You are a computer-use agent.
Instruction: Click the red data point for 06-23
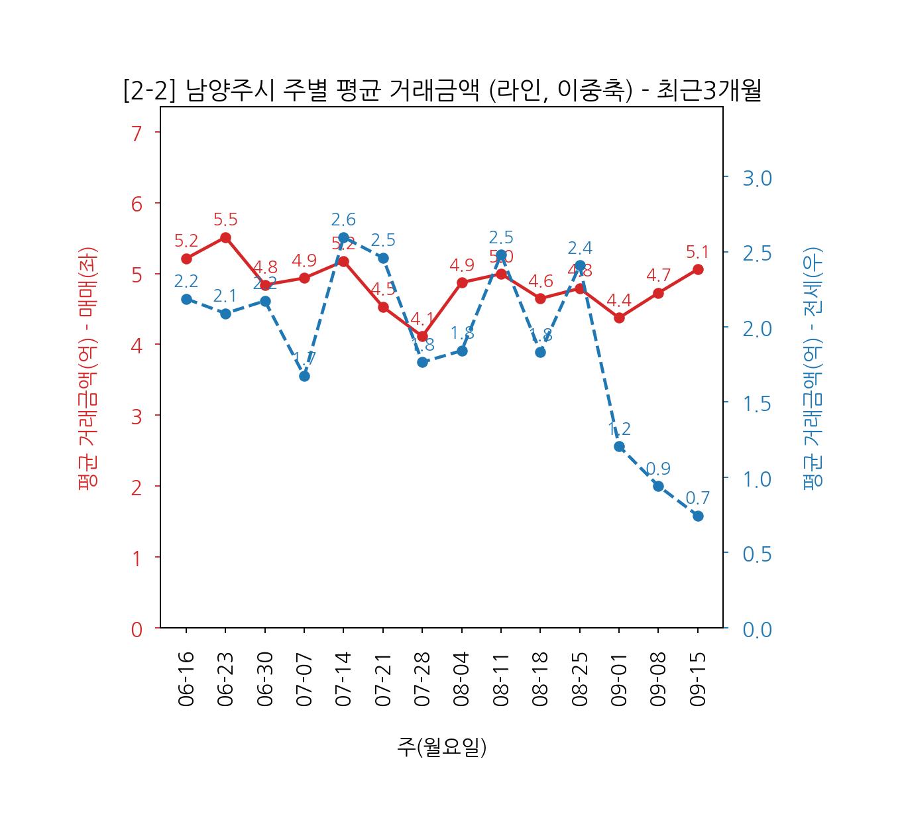click(x=225, y=237)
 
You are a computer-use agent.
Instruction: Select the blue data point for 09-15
click(x=698, y=516)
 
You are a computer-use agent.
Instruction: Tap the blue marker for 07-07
click(x=304, y=376)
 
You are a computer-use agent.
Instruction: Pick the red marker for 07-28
click(x=422, y=336)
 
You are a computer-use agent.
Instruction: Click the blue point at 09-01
click(x=619, y=446)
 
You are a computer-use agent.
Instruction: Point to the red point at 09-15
click(x=698, y=269)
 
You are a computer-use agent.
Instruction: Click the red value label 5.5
click(x=225, y=219)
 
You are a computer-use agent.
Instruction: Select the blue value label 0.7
click(x=697, y=497)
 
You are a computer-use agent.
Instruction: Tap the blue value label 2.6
click(x=343, y=219)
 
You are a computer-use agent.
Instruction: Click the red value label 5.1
click(x=697, y=252)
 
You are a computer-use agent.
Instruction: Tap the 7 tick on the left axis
click(x=137, y=133)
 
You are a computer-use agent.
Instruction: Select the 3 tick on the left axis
click(x=137, y=417)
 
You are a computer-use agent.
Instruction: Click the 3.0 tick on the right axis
click(x=757, y=178)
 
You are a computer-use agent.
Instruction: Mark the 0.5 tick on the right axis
click(x=757, y=554)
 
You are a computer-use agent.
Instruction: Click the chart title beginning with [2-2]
click(x=442, y=91)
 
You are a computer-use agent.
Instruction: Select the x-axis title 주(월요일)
click(x=442, y=746)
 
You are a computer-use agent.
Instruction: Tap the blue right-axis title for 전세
click(x=813, y=368)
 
